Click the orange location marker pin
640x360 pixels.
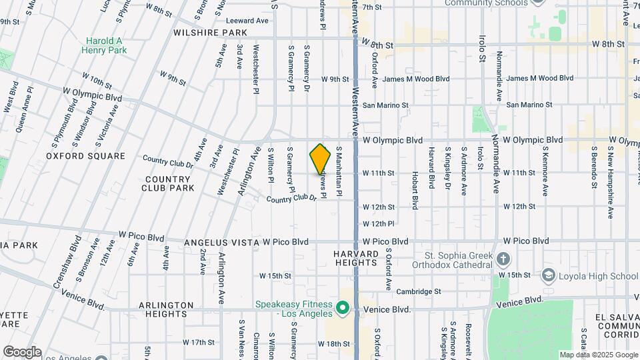point(321,159)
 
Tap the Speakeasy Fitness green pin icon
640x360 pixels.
point(343,308)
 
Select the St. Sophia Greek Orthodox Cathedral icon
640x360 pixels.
point(504,259)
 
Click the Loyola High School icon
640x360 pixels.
point(548,275)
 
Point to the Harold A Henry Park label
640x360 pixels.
point(103,45)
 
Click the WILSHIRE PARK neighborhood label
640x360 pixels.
point(210,32)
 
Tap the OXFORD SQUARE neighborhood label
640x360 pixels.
point(85,156)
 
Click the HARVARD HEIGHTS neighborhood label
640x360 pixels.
point(356,258)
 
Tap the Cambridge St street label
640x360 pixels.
point(419,291)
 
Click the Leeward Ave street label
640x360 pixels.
point(245,21)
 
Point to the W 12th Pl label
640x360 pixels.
point(379,223)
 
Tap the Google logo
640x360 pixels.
point(22,352)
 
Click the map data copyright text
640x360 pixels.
point(598,355)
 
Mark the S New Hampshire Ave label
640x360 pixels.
point(610,184)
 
